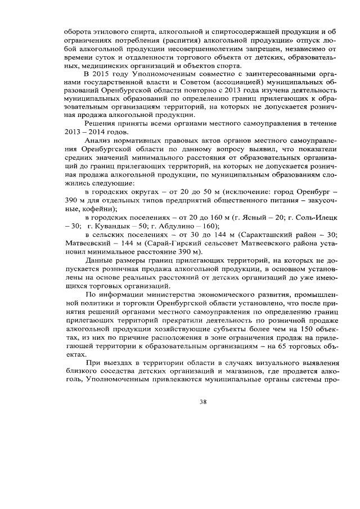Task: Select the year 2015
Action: (105, 74)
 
